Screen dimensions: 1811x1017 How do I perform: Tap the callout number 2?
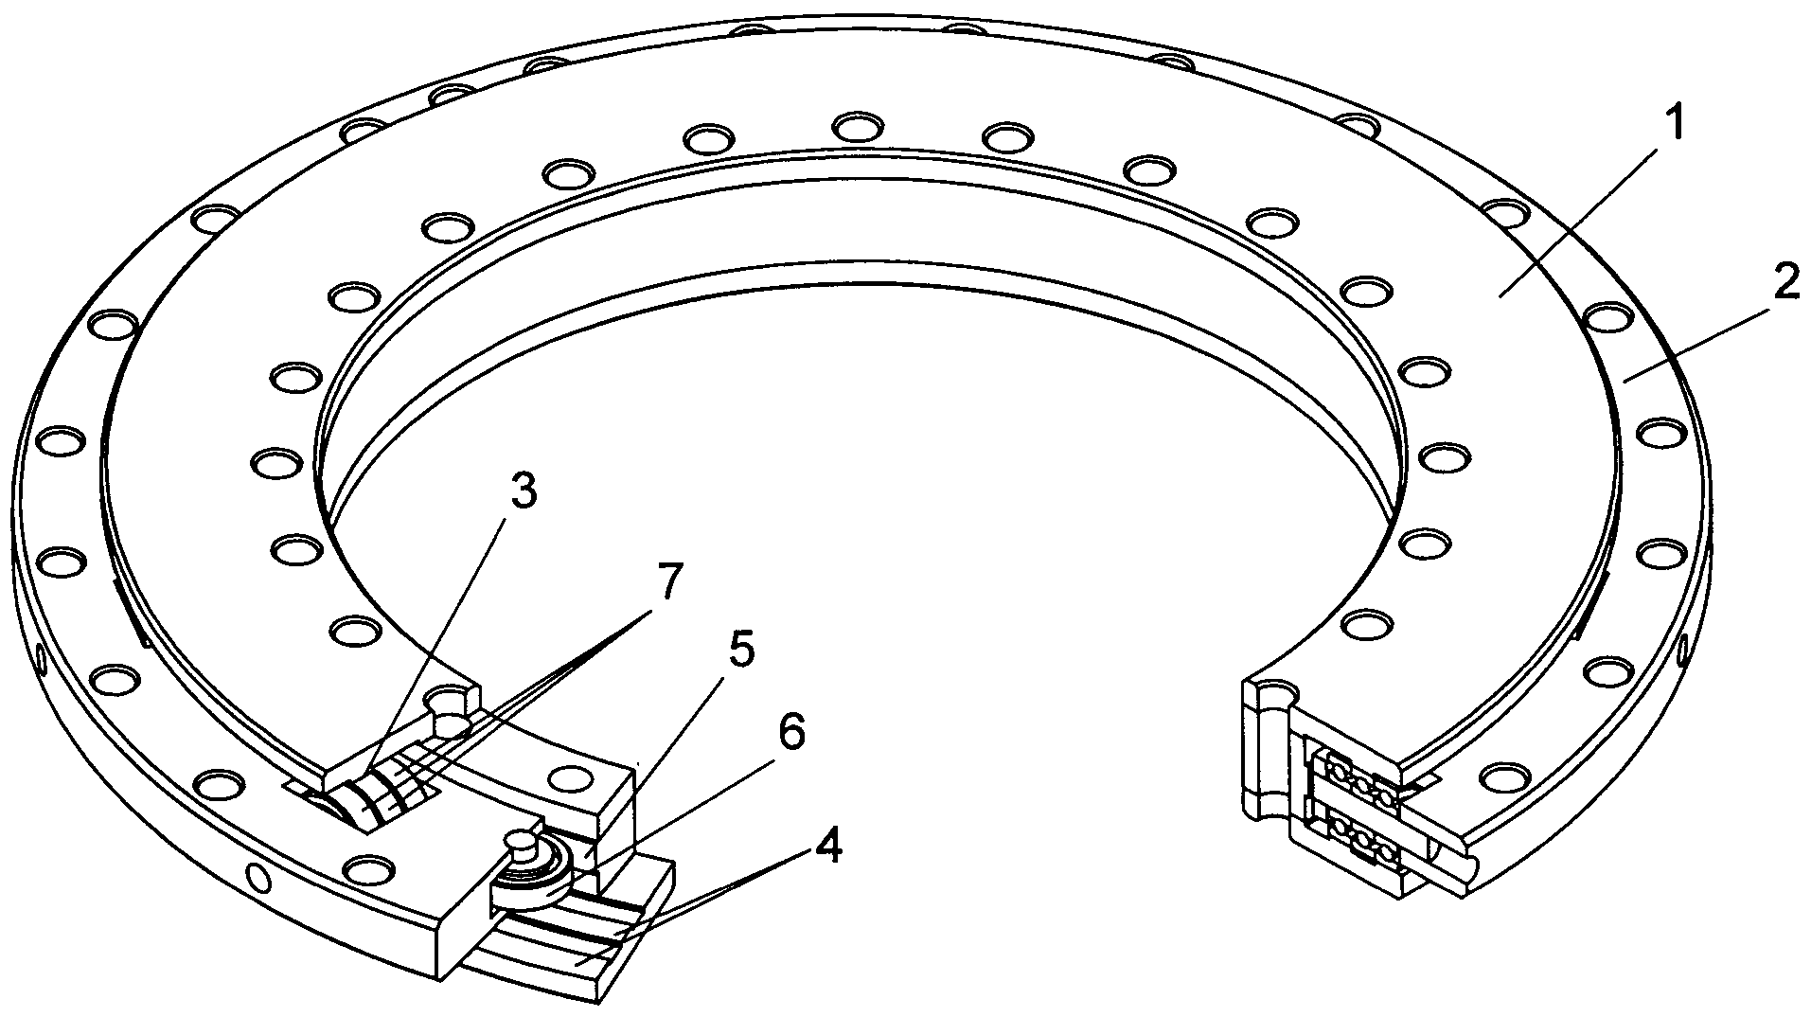tap(1784, 281)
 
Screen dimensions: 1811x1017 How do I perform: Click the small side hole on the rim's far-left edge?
tap(42, 656)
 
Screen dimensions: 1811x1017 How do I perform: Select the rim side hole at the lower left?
tap(257, 878)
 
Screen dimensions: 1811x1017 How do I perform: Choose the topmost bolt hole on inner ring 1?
tap(858, 125)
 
